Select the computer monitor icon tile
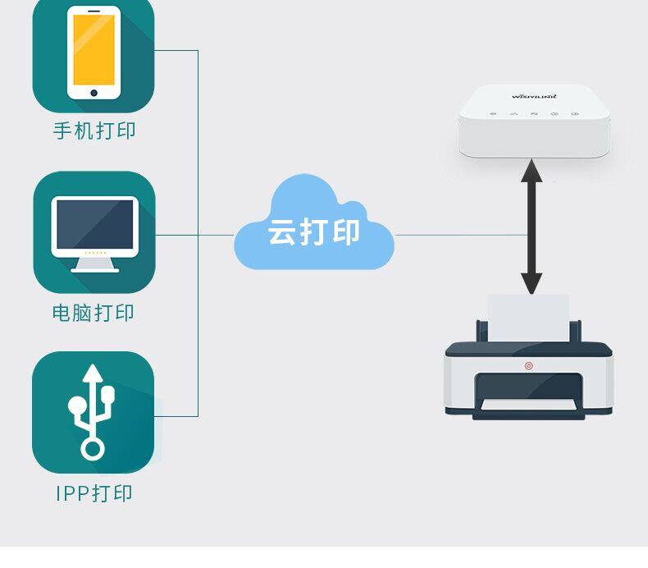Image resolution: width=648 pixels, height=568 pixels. point(94,232)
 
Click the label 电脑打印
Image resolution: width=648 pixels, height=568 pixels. point(94,313)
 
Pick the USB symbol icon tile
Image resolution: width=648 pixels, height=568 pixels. point(93,412)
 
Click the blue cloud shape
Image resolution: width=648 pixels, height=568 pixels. point(314,226)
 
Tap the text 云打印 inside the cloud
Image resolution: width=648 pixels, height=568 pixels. point(314,232)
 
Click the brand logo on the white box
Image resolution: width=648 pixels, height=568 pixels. point(534,95)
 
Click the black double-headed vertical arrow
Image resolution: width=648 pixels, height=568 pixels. point(532,226)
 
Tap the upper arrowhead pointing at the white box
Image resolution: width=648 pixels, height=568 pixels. point(532,170)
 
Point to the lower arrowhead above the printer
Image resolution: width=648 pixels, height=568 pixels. point(532,283)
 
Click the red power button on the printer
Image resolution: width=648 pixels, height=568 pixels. point(528,365)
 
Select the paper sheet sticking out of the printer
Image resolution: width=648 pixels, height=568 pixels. point(528,317)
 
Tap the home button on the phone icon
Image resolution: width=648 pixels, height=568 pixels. point(94,92)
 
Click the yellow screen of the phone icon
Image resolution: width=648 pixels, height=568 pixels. point(94,49)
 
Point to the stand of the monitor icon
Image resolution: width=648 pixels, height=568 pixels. point(94,263)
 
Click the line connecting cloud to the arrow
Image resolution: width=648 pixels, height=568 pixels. point(459,235)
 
